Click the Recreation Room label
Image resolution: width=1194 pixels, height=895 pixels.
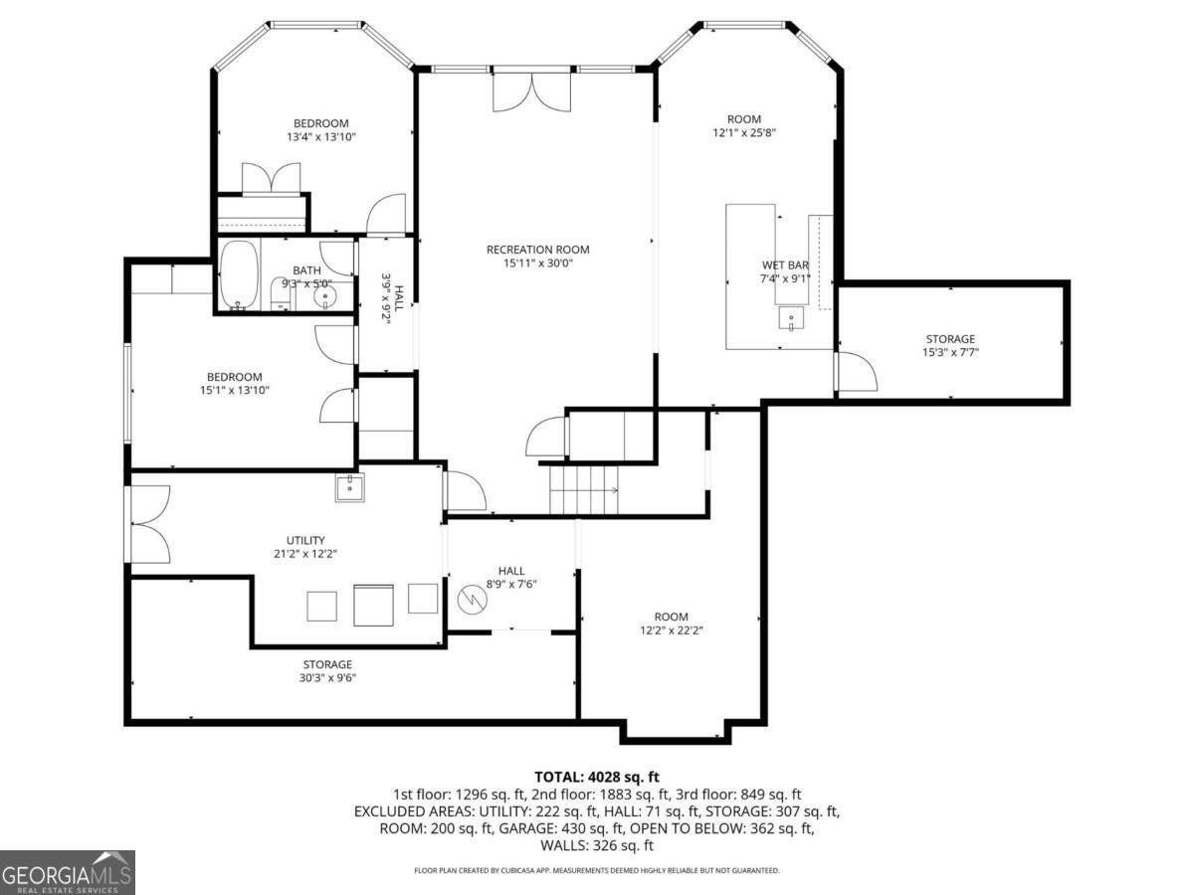(537, 250)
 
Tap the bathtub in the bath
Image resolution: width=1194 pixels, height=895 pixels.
(239, 275)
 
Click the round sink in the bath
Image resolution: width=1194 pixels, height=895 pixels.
(325, 296)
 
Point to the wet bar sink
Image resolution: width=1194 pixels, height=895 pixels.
(791, 318)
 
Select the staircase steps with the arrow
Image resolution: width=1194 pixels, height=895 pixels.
(584, 490)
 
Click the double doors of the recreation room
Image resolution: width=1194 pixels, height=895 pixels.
(531, 92)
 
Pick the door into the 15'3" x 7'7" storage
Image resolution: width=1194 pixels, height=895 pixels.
(855, 371)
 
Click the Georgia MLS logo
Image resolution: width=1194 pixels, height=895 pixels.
(68, 873)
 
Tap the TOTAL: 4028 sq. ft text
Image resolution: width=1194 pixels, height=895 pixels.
(597, 777)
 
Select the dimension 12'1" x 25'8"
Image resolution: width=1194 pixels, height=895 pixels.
(744, 132)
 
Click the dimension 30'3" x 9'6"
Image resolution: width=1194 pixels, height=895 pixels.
(327, 677)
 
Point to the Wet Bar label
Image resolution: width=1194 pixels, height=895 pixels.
(785, 266)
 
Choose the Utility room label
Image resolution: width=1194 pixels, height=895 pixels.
(305, 540)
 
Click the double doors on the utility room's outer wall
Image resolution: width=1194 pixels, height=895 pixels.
(148, 524)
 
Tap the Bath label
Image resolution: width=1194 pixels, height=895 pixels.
(306, 270)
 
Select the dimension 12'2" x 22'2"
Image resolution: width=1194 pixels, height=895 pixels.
(672, 630)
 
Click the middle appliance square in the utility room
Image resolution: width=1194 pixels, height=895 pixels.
(373, 605)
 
